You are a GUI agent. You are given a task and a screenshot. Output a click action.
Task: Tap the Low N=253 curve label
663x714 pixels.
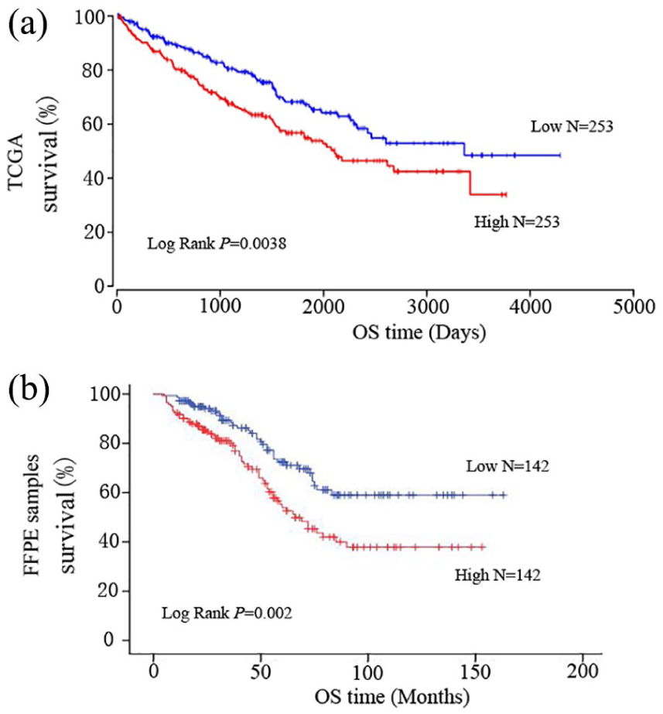pyautogui.click(x=572, y=126)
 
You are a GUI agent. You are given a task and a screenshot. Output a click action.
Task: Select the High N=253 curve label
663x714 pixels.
pyautogui.click(x=517, y=221)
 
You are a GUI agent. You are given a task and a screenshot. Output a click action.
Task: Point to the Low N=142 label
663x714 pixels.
pyautogui.click(x=508, y=466)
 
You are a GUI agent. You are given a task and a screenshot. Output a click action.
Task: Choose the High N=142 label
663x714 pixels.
pyautogui.click(x=497, y=575)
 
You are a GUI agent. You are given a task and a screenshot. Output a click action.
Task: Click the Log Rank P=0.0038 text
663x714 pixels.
pyautogui.click(x=217, y=244)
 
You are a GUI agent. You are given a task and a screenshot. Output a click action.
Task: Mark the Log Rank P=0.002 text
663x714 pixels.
pyautogui.click(x=227, y=613)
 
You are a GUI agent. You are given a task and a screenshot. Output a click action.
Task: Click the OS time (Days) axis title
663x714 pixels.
pyautogui.click(x=419, y=333)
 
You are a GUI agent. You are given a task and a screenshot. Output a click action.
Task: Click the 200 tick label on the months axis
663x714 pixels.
pyautogui.click(x=583, y=671)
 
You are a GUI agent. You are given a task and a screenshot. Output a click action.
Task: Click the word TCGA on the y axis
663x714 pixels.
pyautogui.click(x=16, y=162)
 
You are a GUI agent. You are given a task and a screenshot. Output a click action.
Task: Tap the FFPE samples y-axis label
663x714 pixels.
pyautogui.click(x=32, y=515)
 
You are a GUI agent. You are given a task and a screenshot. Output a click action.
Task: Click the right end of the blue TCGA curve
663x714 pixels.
pyautogui.click(x=559, y=156)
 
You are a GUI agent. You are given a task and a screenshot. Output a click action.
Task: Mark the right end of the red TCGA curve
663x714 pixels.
pyautogui.click(x=506, y=194)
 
